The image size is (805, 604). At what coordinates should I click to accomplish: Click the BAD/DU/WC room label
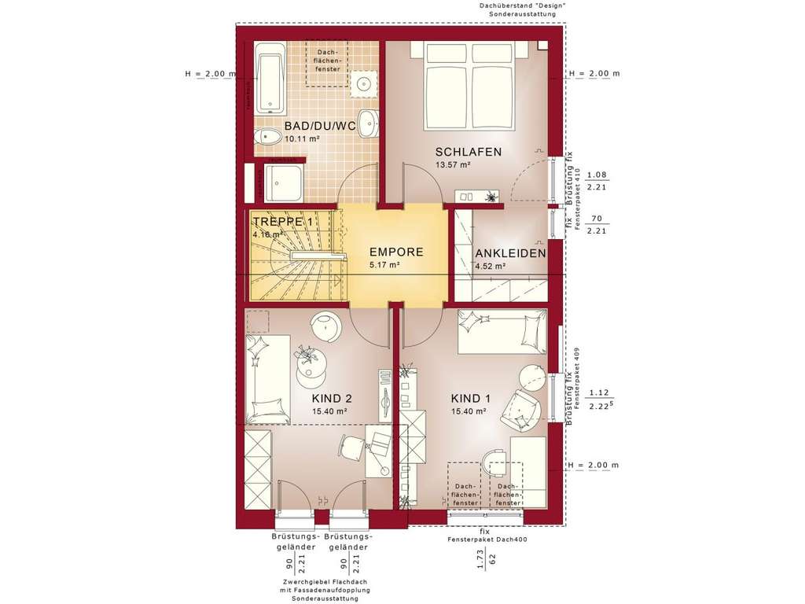320,126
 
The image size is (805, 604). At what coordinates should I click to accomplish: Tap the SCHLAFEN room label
469,152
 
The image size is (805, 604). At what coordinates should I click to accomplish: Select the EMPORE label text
396,252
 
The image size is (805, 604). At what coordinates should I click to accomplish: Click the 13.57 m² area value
452,165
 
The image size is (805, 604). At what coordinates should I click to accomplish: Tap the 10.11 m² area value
301,138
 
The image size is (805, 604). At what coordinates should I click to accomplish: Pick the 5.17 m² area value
385,266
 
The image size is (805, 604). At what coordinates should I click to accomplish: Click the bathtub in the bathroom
270,82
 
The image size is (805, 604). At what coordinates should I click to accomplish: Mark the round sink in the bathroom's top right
365,83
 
